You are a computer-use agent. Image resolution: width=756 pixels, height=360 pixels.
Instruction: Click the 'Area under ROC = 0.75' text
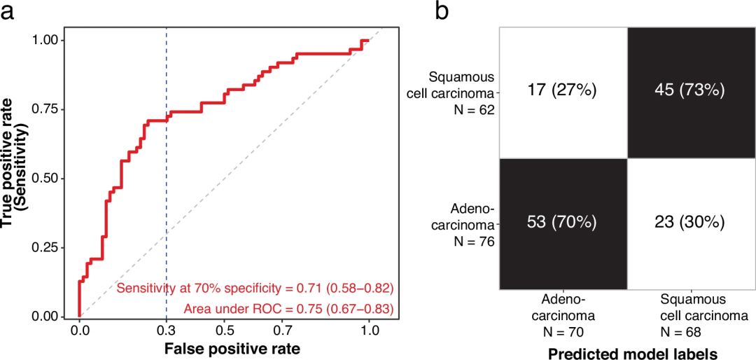point(288,308)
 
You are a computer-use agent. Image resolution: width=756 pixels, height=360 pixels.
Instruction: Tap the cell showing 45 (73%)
point(692,90)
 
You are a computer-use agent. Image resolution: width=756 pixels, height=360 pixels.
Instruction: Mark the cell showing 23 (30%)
point(692,223)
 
